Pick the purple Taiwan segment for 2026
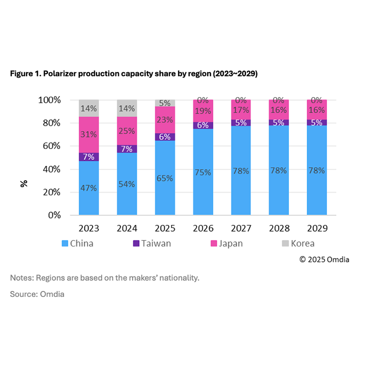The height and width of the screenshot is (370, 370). coord(203,125)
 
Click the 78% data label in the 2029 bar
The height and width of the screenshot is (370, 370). coord(317,171)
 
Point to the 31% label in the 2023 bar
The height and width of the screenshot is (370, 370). coord(89,135)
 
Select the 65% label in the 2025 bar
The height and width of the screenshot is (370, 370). coord(165,178)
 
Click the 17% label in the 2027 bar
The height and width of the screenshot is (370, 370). coord(241,111)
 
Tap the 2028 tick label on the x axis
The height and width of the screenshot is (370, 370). coord(279,228)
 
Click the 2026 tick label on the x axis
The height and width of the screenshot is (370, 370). coord(203,228)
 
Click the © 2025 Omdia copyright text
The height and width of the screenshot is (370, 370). coord(324,259)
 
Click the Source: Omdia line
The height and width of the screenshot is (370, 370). coord(37,294)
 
